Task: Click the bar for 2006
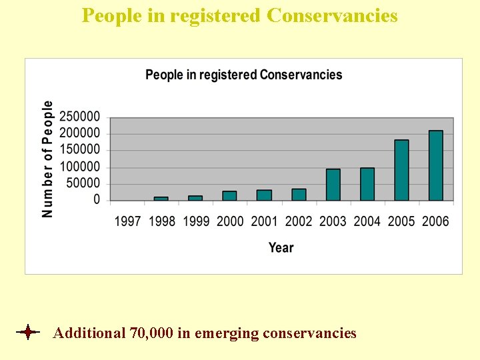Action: (435, 165)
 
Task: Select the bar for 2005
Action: (401, 170)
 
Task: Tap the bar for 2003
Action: (333, 185)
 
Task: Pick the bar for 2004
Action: (367, 184)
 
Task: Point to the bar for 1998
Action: (161, 198)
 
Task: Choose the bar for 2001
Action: (264, 195)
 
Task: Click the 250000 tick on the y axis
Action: (80, 117)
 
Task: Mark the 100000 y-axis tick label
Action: (80, 167)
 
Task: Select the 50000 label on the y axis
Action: (83, 183)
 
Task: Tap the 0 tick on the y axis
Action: (97, 200)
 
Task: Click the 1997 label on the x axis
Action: (127, 221)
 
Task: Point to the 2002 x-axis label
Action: (298, 221)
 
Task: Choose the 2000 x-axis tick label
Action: (230, 221)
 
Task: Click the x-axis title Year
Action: (281, 247)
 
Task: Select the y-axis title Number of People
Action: (47, 159)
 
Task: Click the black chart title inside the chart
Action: (243, 75)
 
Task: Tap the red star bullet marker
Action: (27, 332)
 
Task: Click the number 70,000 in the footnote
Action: (151, 333)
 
